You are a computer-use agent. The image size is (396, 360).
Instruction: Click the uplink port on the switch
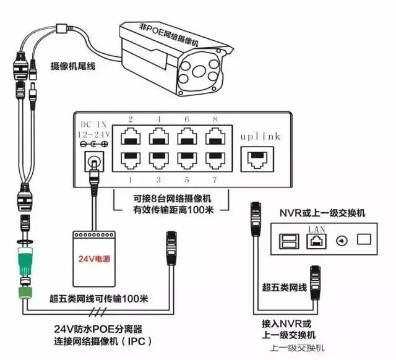point(257,158)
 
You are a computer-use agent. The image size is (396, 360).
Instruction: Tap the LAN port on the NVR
point(314,240)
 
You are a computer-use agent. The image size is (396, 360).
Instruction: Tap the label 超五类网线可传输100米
point(99,299)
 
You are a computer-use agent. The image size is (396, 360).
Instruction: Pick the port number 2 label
point(131,119)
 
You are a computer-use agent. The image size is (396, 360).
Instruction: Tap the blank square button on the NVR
point(364,239)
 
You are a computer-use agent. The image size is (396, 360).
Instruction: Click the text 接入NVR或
point(287,324)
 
